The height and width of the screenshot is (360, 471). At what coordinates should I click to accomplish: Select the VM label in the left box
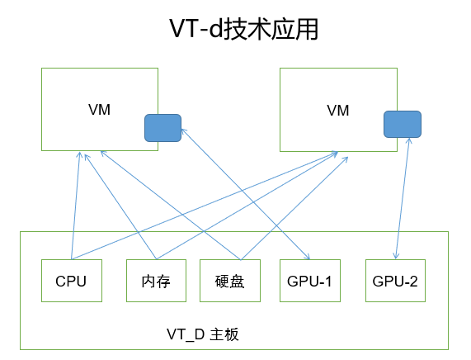click(x=99, y=110)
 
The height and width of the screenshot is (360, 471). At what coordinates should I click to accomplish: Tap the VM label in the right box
click(x=338, y=110)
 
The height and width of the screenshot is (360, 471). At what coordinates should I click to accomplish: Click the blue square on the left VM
click(x=162, y=127)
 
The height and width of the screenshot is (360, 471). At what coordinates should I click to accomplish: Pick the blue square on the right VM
click(x=403, y=124)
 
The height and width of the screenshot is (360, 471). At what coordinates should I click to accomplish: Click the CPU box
click(x=71, y=281)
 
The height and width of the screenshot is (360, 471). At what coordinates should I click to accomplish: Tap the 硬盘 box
click(x=229, y=281)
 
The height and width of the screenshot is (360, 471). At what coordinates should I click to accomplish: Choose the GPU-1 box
click(x=309, y=281)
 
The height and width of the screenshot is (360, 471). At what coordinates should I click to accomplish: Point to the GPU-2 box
click(x=395, y=281)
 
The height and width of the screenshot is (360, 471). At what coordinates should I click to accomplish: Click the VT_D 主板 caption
click(x=202, y=334)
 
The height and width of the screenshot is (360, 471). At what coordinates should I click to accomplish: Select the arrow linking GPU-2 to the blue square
click(x=403, y=198)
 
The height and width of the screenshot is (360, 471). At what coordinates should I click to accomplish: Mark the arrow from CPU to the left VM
click(x=76, y=206)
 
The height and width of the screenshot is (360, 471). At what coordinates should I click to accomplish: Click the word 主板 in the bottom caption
click(x=224, y=334)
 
